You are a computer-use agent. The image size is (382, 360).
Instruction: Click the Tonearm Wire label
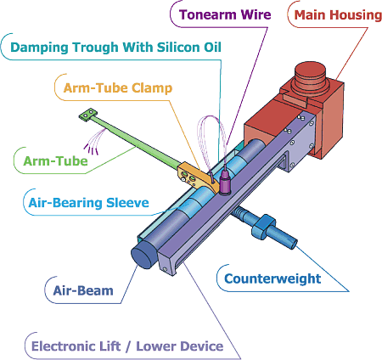(225, 14)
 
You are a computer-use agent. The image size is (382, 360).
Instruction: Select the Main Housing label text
(338, 14)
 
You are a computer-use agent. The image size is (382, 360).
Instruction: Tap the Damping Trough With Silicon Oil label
(115, 48)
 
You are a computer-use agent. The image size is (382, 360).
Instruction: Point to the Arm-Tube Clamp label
(118, 88)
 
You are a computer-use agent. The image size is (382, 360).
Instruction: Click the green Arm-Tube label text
(55, 161)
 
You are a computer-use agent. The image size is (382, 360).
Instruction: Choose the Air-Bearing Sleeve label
(89, 203)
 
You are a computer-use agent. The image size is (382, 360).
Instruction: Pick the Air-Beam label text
(83, 290)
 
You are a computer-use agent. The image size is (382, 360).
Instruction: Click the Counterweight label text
(272, 278)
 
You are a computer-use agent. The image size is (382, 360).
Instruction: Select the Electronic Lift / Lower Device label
(127, 346)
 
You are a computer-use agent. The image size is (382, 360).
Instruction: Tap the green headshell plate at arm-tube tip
(88, 115)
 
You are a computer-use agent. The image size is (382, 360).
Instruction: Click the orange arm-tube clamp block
(198, 177)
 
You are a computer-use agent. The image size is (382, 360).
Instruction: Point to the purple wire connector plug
(225, 183)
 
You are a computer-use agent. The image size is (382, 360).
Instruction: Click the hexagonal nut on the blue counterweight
(263, 226)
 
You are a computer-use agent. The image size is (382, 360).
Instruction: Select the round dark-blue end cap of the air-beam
(143, 255)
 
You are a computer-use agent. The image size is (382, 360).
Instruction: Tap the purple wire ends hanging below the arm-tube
(93, 145)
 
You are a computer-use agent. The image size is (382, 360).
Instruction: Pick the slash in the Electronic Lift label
(128, 346)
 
